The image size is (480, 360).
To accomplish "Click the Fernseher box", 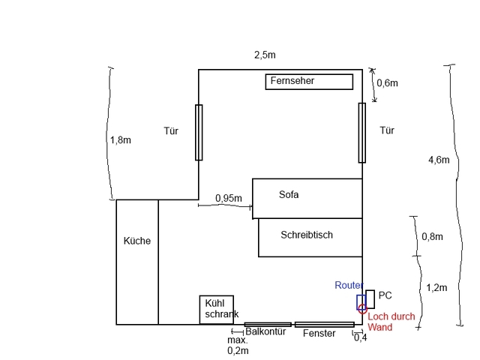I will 309,81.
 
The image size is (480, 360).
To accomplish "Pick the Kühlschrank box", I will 217,309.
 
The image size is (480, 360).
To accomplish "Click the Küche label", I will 137,241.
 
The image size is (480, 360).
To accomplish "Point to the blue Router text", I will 349,286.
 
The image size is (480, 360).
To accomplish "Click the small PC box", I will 370,301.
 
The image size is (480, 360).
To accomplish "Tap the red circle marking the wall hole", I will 362,307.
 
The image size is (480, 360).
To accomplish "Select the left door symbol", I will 199,132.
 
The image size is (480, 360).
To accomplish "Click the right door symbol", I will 362,132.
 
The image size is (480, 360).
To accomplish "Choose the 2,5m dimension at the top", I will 265,55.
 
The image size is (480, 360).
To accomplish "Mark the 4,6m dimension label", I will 439,159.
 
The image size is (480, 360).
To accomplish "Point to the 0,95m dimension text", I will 228,198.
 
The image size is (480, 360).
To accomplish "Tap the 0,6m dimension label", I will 387,83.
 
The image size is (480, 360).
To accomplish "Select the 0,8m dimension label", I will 432,236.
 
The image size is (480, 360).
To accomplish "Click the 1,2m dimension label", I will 436,287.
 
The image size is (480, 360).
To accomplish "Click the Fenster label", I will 319,333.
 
